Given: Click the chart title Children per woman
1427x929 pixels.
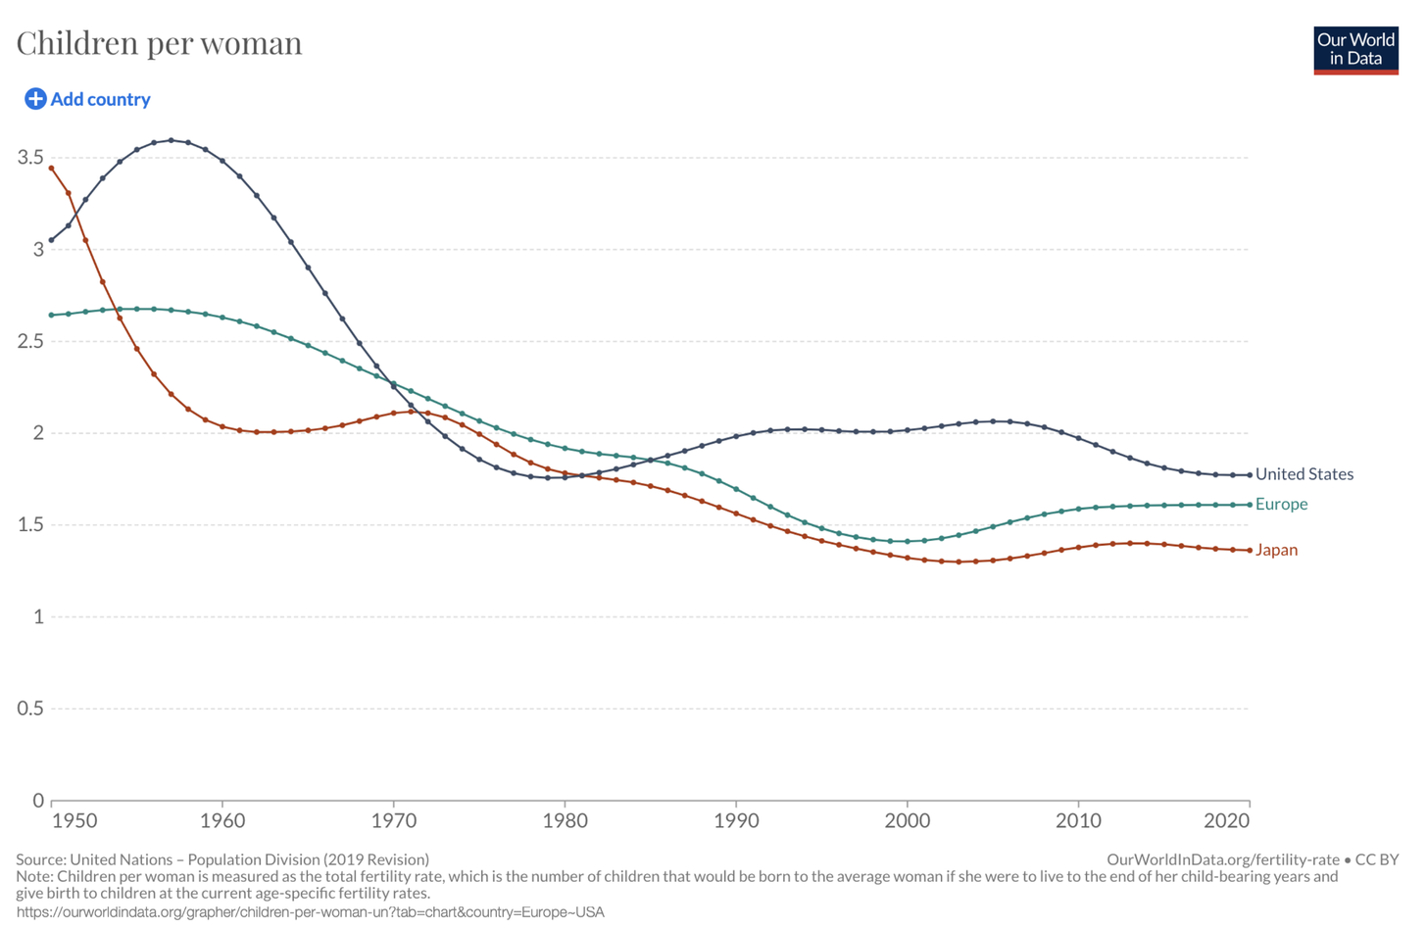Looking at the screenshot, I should pos(159,43).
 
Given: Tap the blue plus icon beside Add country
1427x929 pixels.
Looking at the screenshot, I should pos(35,99).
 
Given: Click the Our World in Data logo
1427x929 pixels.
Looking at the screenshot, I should pos(1355,50).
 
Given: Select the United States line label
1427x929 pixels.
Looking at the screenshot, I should pos(1304,474).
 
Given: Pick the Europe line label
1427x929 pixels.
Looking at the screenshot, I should pos(1281,504).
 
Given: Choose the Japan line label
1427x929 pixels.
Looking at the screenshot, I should pos(1276,550).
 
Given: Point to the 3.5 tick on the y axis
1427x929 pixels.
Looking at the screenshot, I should pos(30,158).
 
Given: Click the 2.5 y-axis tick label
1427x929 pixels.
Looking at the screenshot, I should pos(30,341).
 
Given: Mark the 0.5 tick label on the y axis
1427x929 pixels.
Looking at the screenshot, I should pos(30,709).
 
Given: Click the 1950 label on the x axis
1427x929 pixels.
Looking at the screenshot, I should pos(74,820).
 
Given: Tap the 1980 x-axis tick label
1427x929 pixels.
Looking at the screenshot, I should pos(565,820).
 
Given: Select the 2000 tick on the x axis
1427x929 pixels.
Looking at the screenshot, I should pos(907,820).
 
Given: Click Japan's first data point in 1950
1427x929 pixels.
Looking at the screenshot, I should pos(52,169).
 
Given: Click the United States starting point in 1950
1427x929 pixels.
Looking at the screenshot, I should pos(52,240).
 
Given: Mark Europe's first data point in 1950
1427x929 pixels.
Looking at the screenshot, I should pos(52,316).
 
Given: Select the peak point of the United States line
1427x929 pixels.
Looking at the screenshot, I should pos(172,140).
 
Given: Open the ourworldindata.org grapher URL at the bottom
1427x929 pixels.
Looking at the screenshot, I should pos(310,912).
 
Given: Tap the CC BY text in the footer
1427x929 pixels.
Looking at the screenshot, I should pos(1376,859).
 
